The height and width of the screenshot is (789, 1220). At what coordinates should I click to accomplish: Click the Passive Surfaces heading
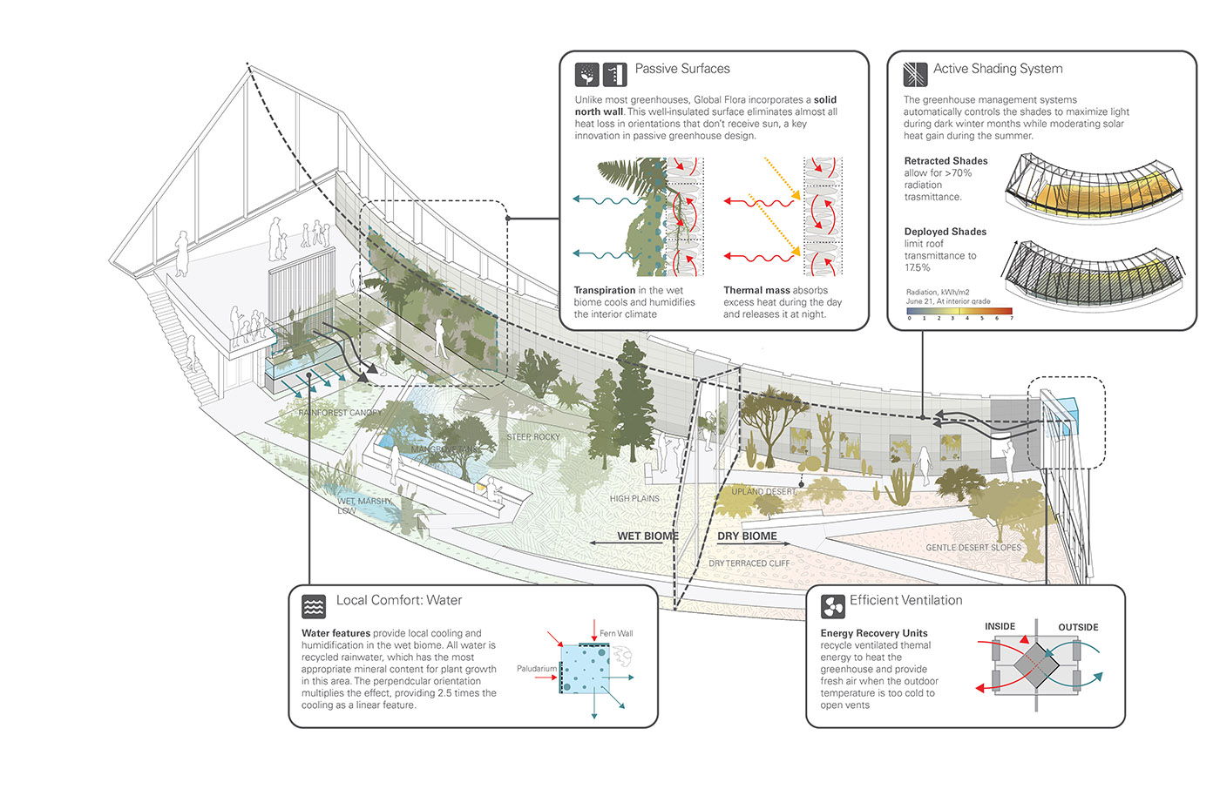[x=681, y=69]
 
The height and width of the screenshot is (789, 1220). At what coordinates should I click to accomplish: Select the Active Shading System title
[x=997, y=69]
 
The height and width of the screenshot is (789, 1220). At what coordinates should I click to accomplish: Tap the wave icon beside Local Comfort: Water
[x=314, y=605]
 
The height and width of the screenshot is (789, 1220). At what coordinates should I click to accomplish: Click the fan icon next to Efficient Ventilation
[x=833, y=605]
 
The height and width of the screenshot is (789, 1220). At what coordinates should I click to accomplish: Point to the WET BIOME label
[x=647, y=536]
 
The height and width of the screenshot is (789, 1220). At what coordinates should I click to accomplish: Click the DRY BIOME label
[x=747, y=536]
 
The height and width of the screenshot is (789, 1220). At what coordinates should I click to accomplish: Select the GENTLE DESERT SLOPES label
[x=973, y=548]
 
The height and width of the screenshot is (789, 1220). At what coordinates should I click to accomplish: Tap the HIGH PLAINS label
[x=634, y=499]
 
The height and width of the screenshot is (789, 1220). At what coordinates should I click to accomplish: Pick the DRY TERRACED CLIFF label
[x=749, y=563]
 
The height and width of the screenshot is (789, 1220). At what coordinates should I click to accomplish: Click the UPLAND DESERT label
[x=763, y=491]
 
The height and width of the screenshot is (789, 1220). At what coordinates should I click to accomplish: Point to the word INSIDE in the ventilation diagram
[x=1000, y=626]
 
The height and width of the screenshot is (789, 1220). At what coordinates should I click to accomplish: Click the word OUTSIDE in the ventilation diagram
[x=1078, y=627]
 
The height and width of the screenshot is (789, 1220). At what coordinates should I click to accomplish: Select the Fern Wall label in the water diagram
[x=616, y=633]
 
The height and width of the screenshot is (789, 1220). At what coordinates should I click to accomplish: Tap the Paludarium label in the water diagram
[x=536, y=669]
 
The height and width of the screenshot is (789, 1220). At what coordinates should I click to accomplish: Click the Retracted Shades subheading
[x=945, y=161]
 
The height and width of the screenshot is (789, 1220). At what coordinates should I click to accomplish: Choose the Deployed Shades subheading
[x=945, y=232]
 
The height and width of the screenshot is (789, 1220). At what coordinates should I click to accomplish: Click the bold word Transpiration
[x=604, y=290]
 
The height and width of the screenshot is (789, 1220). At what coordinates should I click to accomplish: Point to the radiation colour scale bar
[x=959, y=310]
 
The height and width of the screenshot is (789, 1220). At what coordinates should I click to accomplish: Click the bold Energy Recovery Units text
[x=873, y=633]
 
